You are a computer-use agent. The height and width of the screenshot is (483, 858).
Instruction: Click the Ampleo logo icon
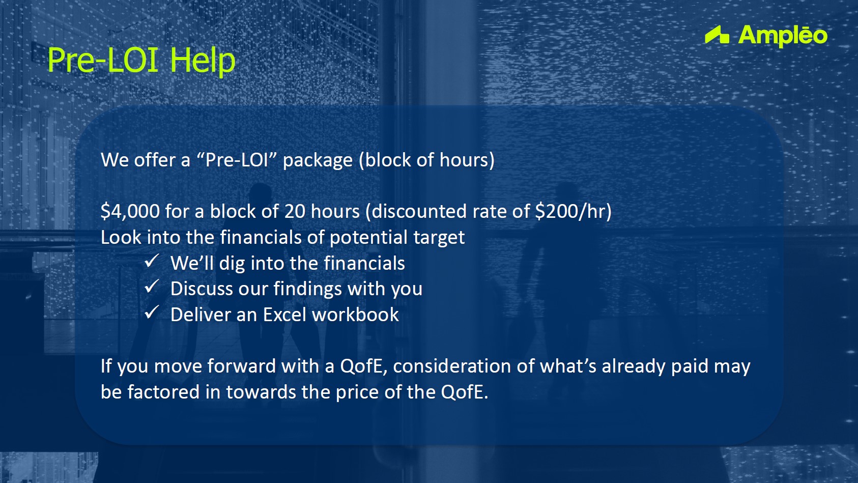pos(717,35)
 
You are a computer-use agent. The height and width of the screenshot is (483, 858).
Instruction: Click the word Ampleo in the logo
pos(783,36)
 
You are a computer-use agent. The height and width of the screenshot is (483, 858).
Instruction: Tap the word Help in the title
pos(202,61)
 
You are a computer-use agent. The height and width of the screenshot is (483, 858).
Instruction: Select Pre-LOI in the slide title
pos(103,60)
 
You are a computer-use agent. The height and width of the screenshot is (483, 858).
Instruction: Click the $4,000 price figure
pos(130,211)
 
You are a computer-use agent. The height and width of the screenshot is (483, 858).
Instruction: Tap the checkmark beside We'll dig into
pos(152,261)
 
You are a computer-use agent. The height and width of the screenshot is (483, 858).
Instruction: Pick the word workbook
pos(355,315)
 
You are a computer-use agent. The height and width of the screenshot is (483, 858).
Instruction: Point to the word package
pos(318,160)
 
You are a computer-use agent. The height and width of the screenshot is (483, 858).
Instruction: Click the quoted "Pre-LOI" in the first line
pos(237,160)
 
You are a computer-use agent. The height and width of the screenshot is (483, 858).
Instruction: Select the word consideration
pos(451,366)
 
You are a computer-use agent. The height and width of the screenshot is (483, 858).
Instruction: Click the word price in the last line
pos(357,392)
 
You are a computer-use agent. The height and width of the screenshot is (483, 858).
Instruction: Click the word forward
pos(242,366)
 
